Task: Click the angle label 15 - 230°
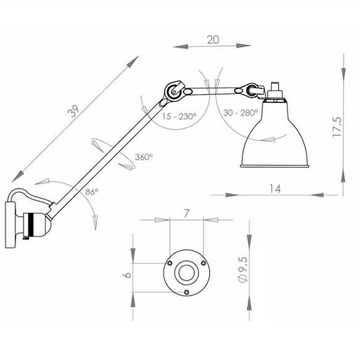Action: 178,116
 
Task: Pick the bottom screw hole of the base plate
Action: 187,292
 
